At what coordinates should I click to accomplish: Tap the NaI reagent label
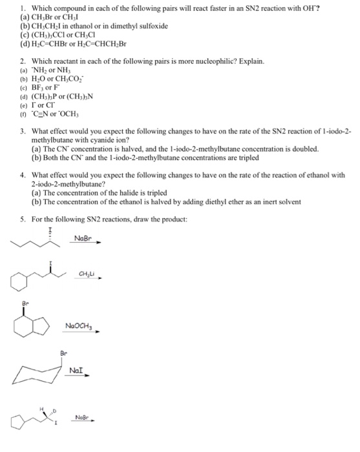77,370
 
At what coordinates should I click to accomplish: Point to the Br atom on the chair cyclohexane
63,354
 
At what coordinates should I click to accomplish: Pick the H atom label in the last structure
43,409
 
